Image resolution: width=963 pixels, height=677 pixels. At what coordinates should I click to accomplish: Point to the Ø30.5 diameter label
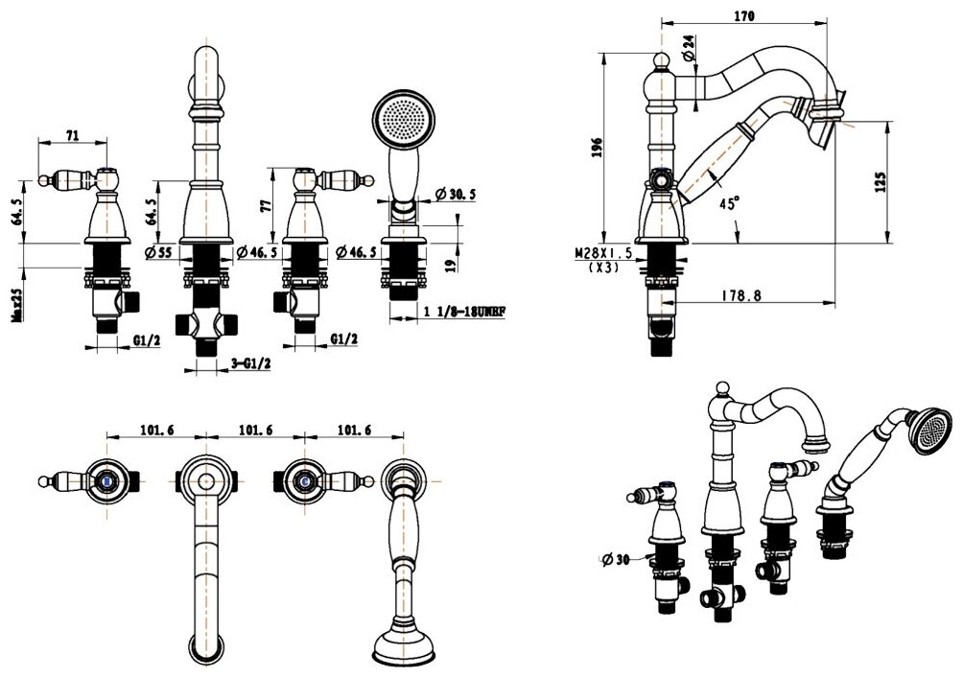[x=457, y=194]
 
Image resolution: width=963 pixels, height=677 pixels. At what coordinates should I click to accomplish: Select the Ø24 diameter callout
[x=689, y=45]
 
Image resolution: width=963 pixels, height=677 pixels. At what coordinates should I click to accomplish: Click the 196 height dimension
[x=596, y=147]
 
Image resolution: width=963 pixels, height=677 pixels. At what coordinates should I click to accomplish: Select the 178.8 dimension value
[x=742, y=296]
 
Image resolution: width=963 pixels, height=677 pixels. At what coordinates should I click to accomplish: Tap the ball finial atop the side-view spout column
[x=659, y=62]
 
